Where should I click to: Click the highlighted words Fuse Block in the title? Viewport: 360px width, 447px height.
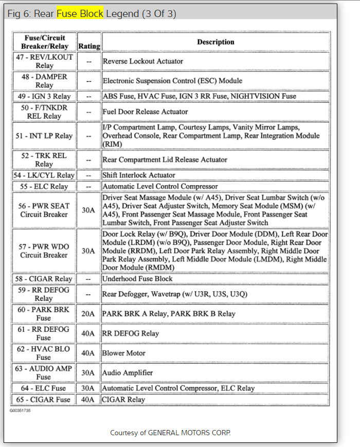[80, 13]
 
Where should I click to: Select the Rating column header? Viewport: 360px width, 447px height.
[89, 46]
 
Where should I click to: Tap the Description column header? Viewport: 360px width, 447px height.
[215, 42]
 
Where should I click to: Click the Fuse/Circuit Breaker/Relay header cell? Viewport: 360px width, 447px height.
[44, 42]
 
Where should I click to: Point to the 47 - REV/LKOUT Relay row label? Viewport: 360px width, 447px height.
[44, 61]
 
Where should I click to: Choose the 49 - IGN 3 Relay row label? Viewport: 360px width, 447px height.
[44, 96]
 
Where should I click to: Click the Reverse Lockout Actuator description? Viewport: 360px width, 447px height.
[143, 61]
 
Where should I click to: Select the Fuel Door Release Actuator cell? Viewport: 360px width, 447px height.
[146, 112]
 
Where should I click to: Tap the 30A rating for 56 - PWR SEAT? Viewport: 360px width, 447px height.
[89, 210]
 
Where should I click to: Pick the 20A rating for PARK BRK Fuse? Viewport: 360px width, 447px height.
[89, 314]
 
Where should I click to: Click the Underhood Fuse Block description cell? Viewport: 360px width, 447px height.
[138, 278]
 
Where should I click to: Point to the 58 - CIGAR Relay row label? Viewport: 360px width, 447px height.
[44, 278]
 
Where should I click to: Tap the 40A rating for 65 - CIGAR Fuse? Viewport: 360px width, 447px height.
[89, 399]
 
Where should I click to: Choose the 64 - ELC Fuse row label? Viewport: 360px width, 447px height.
[44, 388]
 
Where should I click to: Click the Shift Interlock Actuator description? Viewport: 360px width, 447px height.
[139, 175]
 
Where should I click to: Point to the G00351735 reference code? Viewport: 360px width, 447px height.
[20, 410]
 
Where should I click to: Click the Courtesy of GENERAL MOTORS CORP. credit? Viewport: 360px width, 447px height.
[171, 433]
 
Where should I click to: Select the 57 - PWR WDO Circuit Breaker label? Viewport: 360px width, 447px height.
[44, 251]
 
